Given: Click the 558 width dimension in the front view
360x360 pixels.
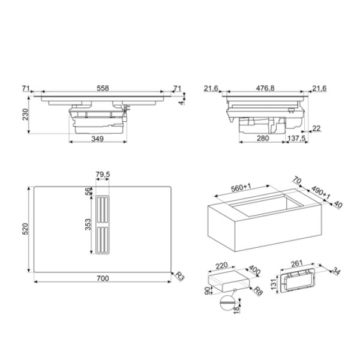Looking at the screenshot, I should point(103,88).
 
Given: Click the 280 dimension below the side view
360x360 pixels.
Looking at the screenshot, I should point(263,139).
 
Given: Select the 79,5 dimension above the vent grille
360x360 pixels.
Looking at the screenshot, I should point(103,175).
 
